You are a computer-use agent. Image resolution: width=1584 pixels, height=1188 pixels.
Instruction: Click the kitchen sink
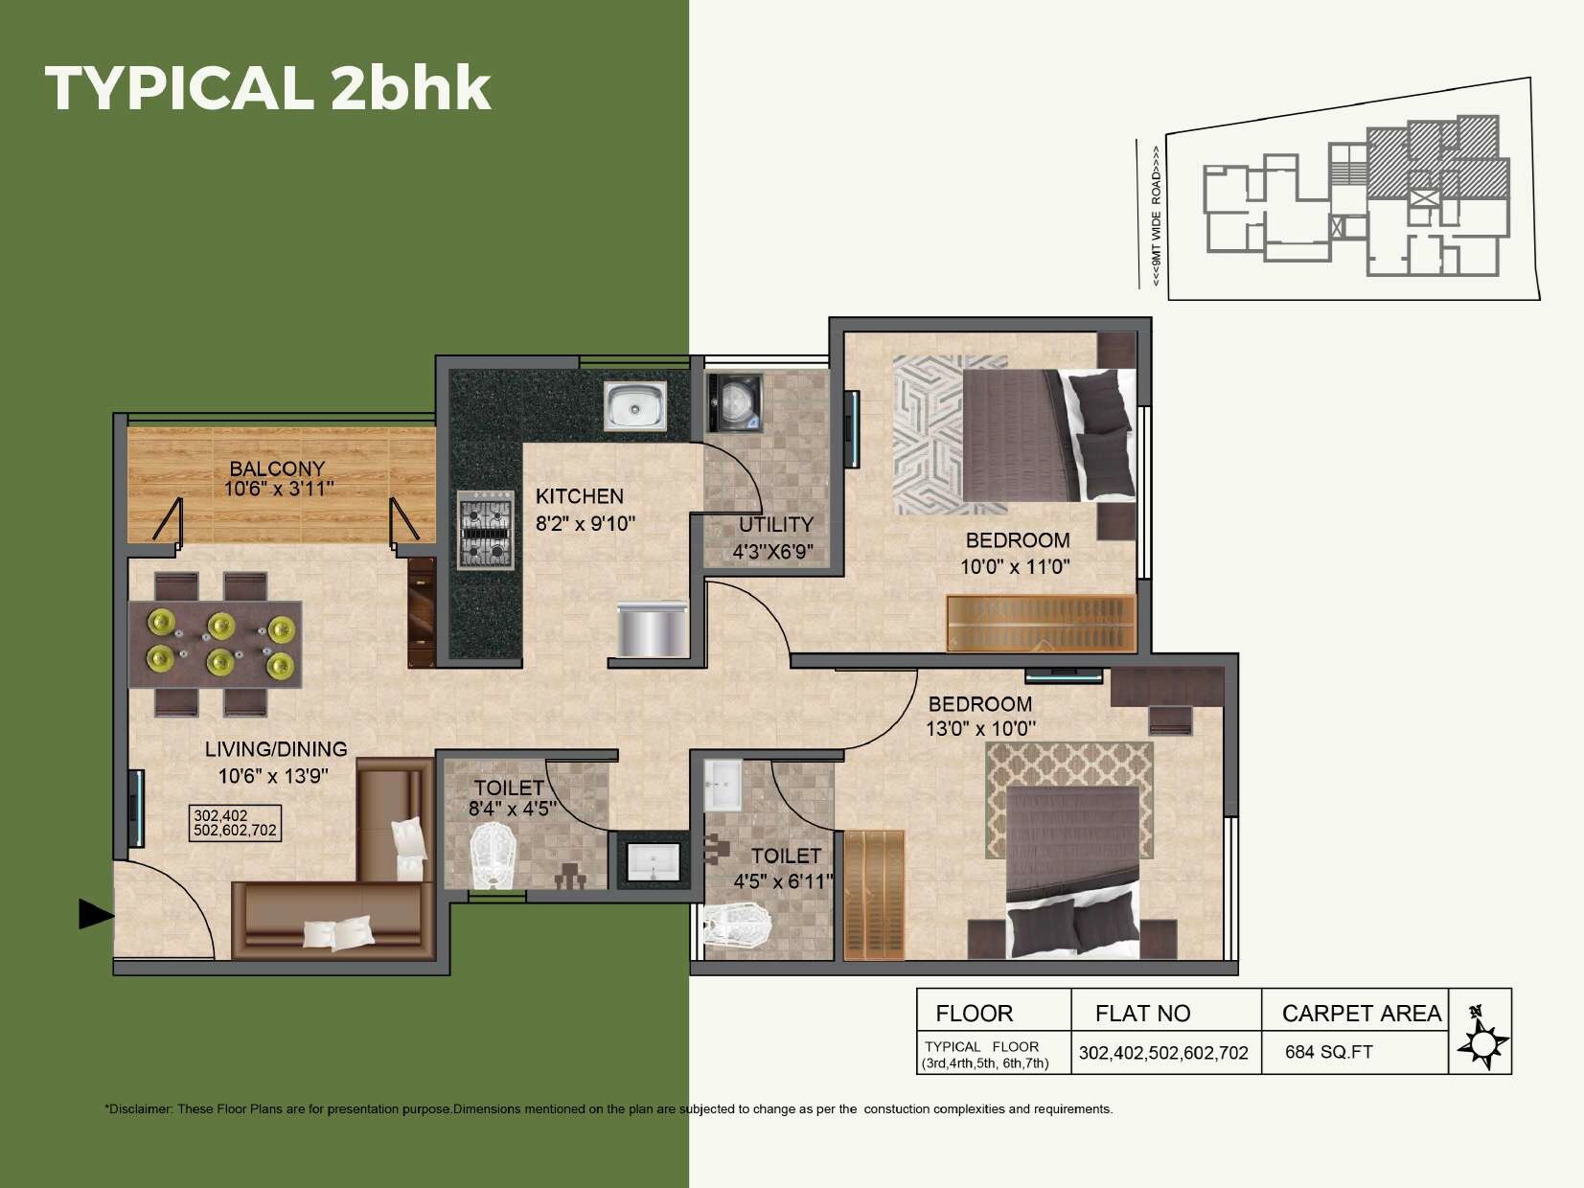pos(634,405)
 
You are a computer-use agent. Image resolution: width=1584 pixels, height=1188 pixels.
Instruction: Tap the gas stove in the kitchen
pos(484,530)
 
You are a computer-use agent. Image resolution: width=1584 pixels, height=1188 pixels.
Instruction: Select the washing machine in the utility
pos(735,402)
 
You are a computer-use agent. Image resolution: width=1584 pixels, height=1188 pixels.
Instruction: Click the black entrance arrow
pos(96,914)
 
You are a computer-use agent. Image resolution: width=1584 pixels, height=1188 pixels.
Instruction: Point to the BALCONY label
pos(277,468)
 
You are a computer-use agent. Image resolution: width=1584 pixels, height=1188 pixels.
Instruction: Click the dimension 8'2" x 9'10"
pos(585,523)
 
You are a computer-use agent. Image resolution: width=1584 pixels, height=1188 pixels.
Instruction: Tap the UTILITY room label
pos(775,524)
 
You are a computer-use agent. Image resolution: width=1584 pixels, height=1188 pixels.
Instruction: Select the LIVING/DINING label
pos(276,749)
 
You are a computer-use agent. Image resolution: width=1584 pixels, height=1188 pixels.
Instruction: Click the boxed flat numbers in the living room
pos(235,824)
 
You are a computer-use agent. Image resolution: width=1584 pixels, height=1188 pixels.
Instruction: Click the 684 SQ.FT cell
pos(1328,1052)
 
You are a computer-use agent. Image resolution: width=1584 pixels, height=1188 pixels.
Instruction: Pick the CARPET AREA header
pos(1361,1013)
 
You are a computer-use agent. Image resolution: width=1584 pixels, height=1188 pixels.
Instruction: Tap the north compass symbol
pos(1482,1040)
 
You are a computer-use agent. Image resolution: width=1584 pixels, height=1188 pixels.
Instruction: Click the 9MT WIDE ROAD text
pos(1157,216)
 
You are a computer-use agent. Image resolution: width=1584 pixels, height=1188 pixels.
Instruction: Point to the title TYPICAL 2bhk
pos(267,88)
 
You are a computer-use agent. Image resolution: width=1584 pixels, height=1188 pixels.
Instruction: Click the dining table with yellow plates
pos(217,644)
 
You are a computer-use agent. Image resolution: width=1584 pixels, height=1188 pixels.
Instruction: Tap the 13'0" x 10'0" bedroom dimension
pos(980,728)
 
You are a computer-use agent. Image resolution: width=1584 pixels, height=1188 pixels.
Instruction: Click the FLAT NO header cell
pos(1142,1013)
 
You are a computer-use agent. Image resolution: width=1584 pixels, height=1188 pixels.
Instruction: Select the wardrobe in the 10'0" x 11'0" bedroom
pos(1041,623)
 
